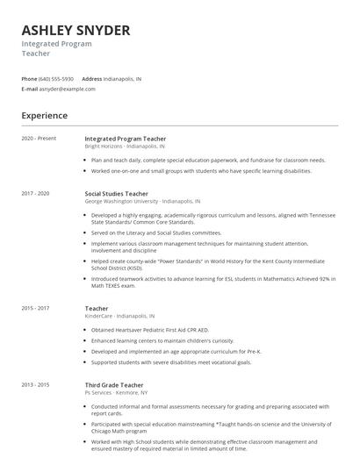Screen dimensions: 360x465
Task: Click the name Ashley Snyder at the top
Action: pos(76,31)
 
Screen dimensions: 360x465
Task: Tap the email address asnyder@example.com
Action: pos(68,89)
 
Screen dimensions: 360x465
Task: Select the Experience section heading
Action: pos(44,115)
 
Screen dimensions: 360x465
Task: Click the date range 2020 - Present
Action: pos(39,139)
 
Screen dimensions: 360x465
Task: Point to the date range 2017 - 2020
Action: pos(35,193)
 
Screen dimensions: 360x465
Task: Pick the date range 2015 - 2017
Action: pos(35,309)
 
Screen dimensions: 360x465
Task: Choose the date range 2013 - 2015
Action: pos(35,385)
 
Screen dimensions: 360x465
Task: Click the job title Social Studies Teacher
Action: pos(116,193)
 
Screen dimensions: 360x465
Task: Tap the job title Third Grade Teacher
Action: pos(113,385)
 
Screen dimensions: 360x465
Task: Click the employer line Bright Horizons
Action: pos(124,147)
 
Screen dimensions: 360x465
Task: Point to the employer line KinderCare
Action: pos(119,316)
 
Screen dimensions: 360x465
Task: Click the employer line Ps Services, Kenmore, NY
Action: pos(116,392)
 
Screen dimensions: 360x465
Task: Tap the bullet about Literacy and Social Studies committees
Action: pos(156,232)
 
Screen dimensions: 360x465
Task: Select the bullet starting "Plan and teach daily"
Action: pos(207,161)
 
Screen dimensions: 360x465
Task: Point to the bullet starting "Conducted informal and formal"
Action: pos(208,409)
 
